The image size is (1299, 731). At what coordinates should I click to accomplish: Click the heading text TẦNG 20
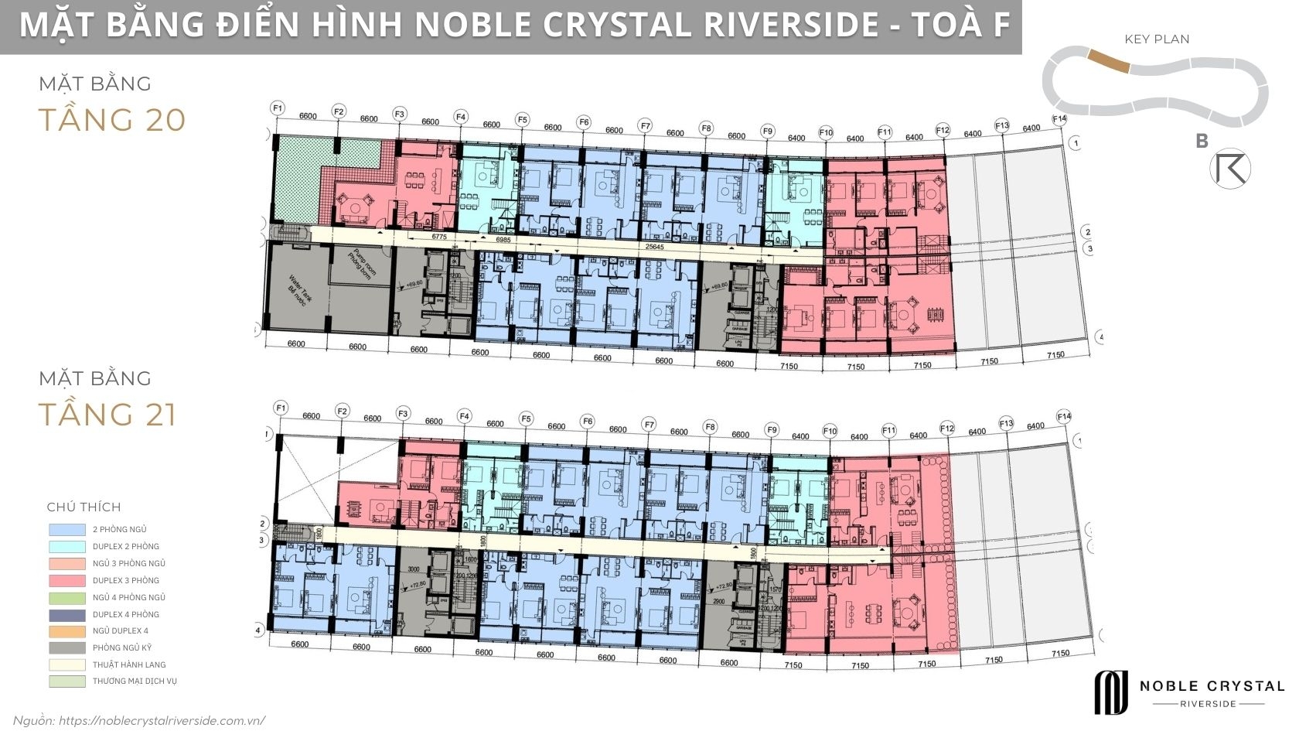coord(112,121)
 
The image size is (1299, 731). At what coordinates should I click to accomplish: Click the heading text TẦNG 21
coord(107,415)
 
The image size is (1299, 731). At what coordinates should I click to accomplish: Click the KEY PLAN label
coord(1157,39)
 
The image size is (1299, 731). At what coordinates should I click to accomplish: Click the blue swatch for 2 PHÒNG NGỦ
coord(66,530)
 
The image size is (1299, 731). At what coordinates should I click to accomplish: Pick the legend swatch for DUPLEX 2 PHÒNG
coord(66,547)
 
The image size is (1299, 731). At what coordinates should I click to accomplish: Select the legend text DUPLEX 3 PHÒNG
coord(125,580)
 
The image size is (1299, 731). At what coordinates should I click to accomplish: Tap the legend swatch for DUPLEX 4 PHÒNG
coord(66,614)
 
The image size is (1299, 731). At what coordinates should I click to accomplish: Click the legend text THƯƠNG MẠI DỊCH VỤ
coord(135,681)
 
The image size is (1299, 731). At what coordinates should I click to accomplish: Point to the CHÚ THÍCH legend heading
coord(84,507)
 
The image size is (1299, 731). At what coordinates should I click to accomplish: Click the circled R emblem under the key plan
coord(1229,169)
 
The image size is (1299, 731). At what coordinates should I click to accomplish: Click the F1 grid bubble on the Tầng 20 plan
coord(278,108)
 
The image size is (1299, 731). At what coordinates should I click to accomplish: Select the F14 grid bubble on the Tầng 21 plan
coord(1064,417)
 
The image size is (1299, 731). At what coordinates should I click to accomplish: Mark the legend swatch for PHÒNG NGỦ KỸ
coord(66,648)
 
